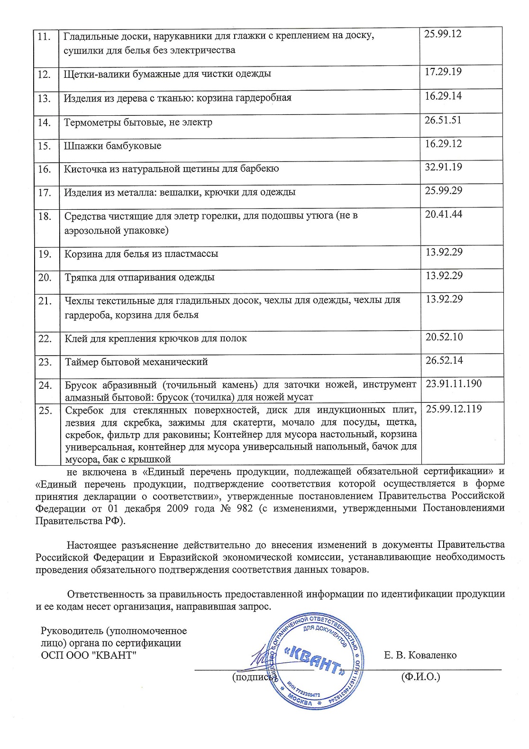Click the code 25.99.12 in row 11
(x=443, y=34)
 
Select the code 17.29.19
(x=443, y=72)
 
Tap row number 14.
(x=44, y=122)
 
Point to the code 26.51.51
(x=443, y=120)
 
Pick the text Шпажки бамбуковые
(x=112, y=146)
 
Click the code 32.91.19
(x=443, y=167)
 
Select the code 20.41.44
(x=443, y=214)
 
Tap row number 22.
(x=45, y=339)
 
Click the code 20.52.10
(x=444, y=337)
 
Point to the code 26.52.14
(x=444, y=360)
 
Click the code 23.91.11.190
(x=454, y=384)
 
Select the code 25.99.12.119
(x=454, y=409)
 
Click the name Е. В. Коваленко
(x=420, y=655)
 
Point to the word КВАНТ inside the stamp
(x=313, y=660)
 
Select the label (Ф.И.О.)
(x=420, y=676)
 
